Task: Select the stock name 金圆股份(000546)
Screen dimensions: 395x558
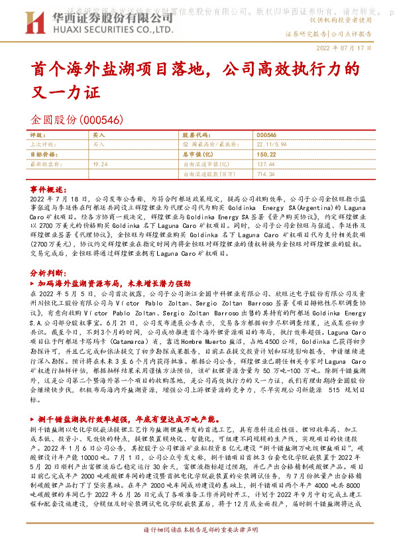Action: [77, 120]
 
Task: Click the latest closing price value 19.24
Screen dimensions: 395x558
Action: [101, 163]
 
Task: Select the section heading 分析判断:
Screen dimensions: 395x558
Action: [48, 273]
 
